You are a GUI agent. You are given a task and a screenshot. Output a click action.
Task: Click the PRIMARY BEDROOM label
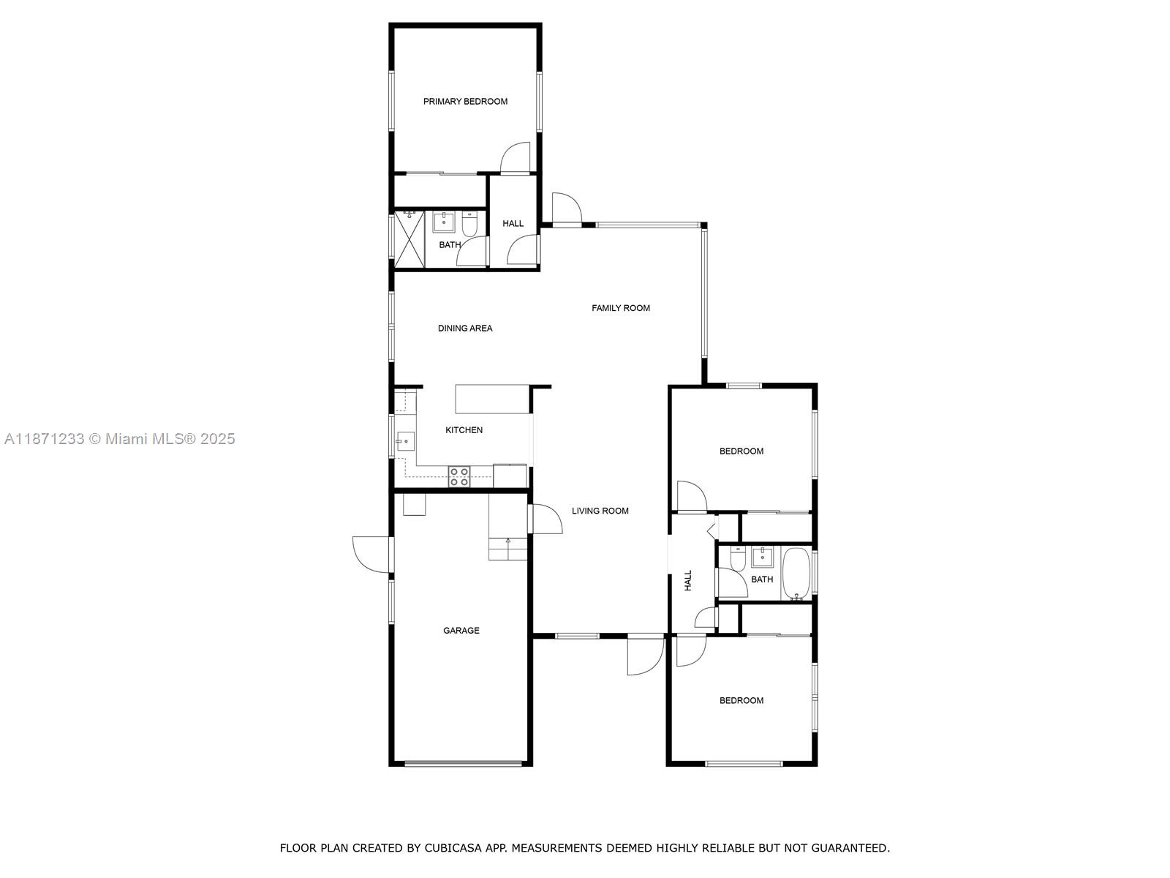pos(465,102)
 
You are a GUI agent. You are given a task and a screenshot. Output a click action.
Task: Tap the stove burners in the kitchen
pos(459,476)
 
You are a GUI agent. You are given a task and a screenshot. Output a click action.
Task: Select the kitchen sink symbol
pos(404,441)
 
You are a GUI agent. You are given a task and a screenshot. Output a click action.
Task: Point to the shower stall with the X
pos(409,239)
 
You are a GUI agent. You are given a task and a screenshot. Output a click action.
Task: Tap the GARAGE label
pos(461,630)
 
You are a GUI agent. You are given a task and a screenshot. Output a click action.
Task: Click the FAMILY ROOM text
pos(621,308)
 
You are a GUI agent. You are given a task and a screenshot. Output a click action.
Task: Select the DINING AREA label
pos(465,329)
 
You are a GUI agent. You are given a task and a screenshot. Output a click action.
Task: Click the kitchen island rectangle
pos(492,399)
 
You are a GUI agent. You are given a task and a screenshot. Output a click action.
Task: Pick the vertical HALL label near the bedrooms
pos(687,581)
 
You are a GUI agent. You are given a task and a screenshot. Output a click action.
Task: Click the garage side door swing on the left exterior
pos(371,554)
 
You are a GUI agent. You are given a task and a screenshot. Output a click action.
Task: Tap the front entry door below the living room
pos(643,655)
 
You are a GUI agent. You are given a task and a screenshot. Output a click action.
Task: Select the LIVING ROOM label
pos(600,511)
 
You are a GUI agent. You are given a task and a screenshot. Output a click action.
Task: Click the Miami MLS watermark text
pos(119,439)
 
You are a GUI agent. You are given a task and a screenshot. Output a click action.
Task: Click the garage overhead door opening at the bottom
pos(463,763)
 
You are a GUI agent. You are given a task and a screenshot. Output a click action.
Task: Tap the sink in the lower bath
pos(763,557)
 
